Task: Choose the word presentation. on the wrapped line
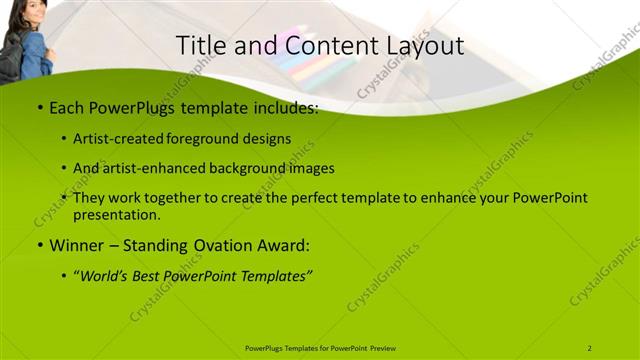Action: pyautogui.click(x=117, y=214)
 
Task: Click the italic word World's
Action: pyautogui.click(x=107, y=275)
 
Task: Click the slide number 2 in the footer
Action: pyautogui.click(x=589, y=348)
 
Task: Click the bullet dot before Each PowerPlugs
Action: pyautogui.click(x=39, y=107)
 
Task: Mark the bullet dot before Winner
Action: pyautogui.click(x=39, y=244)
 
